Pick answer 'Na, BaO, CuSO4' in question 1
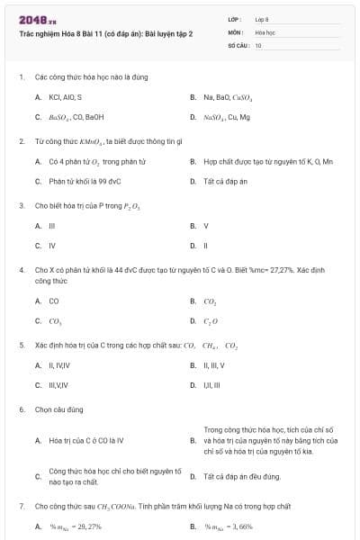(228, 96)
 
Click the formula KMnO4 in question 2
(89, 141)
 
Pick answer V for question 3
(206, 225)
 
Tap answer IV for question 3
(52, 245)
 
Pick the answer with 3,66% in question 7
(229, 526)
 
